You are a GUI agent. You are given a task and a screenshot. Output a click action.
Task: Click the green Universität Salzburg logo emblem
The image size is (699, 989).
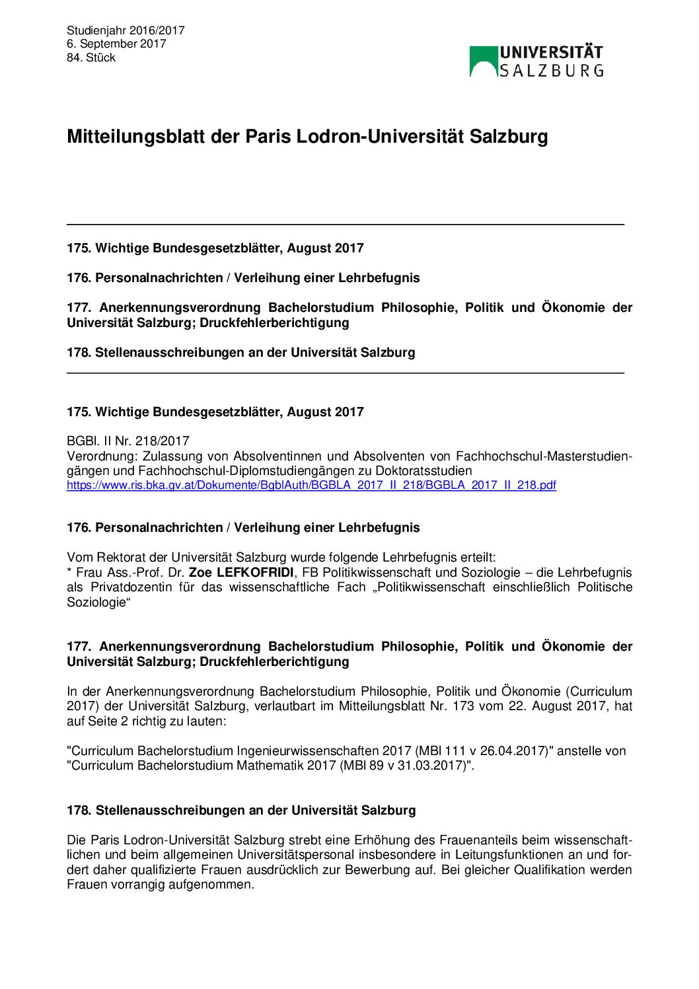coord(483,61)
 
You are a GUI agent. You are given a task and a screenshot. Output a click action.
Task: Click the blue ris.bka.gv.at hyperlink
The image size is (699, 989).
coord(311,486)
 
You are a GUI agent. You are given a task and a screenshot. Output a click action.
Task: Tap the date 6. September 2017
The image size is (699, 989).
coord(116,44)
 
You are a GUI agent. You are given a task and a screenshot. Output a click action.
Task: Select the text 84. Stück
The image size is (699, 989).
coord(91,57)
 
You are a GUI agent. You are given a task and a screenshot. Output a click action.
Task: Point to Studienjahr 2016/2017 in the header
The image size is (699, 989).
coord(126,30)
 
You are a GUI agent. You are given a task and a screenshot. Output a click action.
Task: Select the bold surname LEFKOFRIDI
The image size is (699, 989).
coord(255,572)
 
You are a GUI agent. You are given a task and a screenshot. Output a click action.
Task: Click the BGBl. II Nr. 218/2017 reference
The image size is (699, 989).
coord(128,441)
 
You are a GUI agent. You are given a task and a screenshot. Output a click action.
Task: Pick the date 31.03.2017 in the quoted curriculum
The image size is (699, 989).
coord(432,766)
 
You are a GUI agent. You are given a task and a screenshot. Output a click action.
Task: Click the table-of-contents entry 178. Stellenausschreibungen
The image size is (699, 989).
coord(240,352)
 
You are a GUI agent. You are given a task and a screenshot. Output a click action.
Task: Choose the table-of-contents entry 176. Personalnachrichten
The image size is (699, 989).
coord(243,277)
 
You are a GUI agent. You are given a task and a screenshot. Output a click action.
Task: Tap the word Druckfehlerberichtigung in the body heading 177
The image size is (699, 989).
coord(274,661)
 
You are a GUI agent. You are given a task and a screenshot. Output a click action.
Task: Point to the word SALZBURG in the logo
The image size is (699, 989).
coord(552,70)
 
